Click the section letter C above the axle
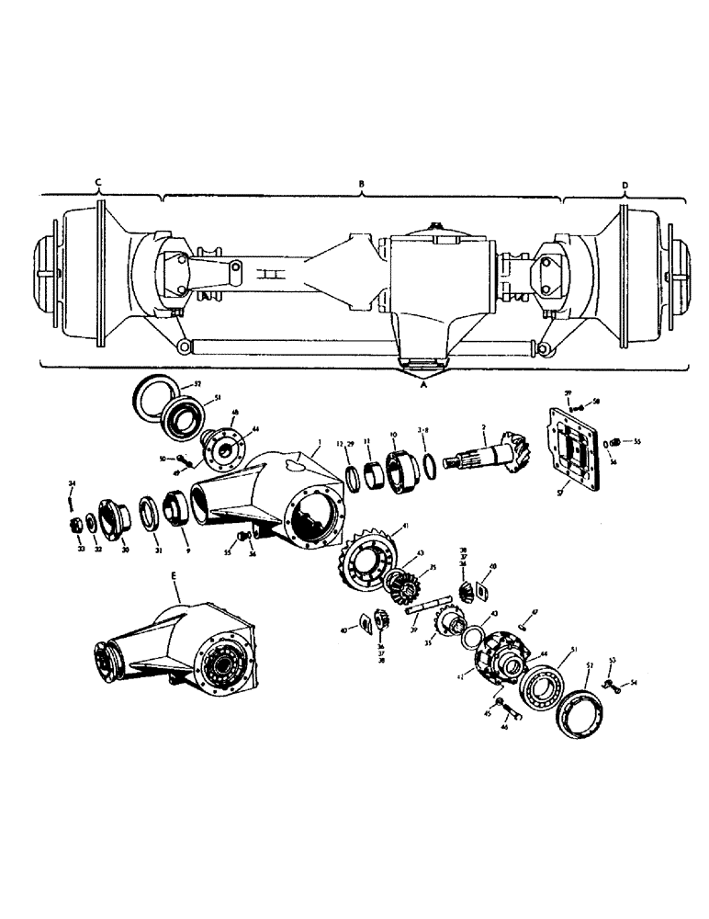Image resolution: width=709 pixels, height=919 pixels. pyautogui.click(x=98, y=184)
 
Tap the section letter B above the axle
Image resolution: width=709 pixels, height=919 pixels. pyautogui.click(x=362, y=184)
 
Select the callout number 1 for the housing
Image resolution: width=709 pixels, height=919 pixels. pyautogui.click(x=318, y=442)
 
